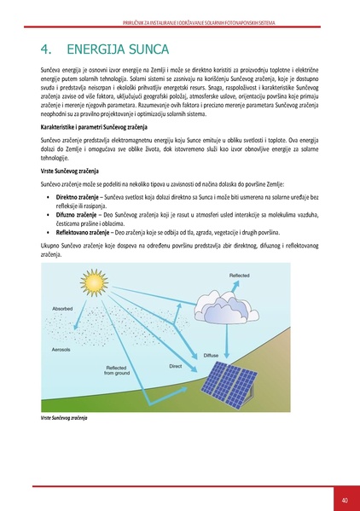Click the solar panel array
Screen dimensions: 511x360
pyautogui.click(x=249, y=386)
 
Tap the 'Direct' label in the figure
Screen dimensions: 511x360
pyautogui.click(x=176, y=366)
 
